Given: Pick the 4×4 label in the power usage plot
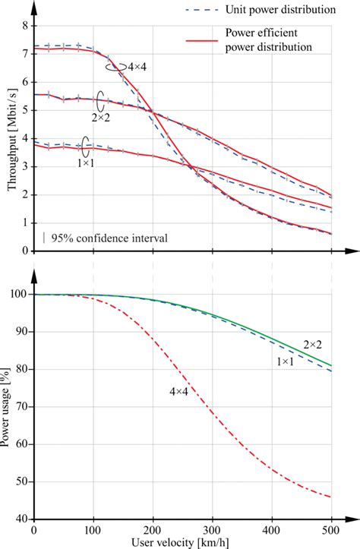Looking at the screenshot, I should point(179,391).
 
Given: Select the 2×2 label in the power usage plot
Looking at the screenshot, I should point(314,344).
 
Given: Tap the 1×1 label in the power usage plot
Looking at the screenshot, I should point(285,364).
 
